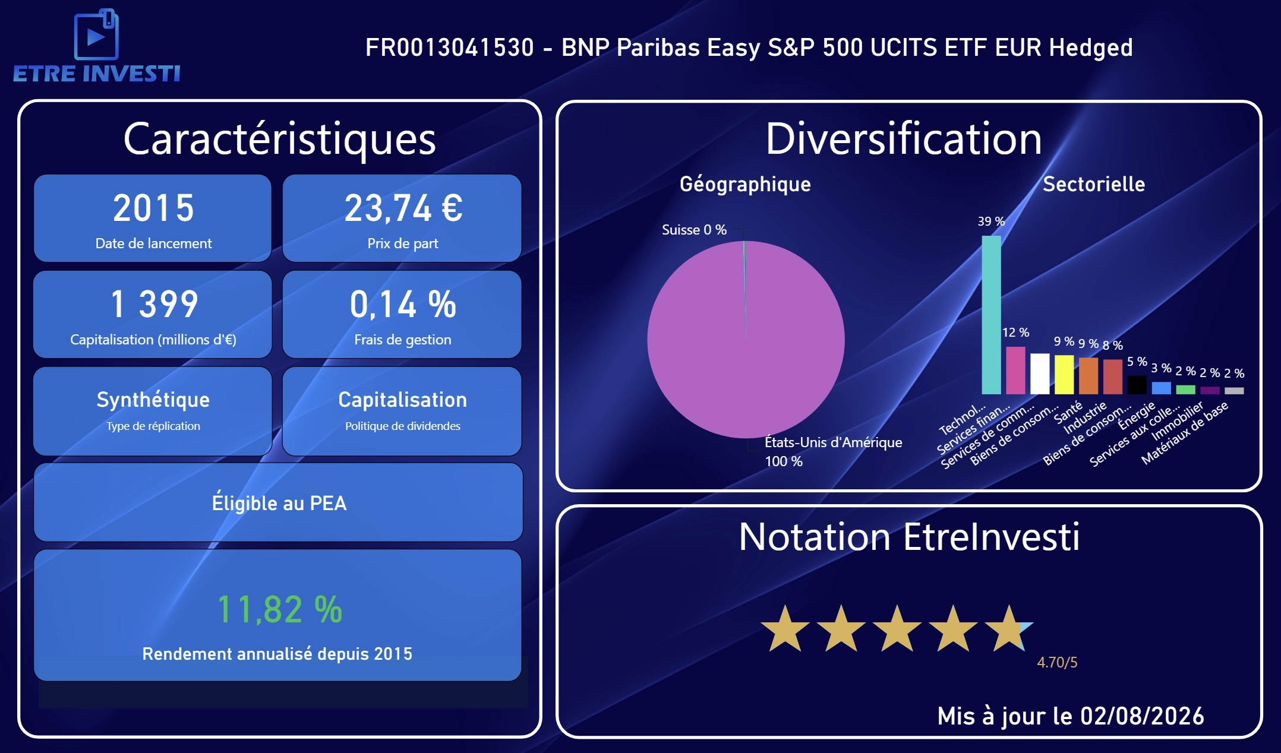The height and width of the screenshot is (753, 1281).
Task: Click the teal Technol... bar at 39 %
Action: pos(991,315)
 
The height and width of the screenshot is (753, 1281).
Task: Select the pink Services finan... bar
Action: pos(1015,371)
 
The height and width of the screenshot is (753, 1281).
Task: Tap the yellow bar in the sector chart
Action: pos(1064,375)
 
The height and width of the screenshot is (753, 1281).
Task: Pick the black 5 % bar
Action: pos(1137,385)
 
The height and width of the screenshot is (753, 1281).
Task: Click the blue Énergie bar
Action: pos(1161,388)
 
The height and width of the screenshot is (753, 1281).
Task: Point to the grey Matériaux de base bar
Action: pos(1234,391)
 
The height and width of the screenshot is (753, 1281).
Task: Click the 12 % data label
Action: pos(1015,333)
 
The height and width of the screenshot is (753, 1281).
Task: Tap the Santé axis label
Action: pos(1068,412)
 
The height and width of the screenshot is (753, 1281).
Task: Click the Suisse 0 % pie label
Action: pos(694,230)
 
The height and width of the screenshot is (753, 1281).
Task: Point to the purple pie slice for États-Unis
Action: pos(746,340)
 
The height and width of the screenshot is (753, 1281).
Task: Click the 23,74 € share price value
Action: pos(403,208)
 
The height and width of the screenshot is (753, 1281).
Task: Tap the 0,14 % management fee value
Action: pos(403,305)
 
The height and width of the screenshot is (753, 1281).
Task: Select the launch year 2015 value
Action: pos(153,208)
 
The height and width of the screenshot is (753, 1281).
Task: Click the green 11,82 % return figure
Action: pos(279,609)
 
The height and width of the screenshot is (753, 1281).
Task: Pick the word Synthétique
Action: pos(153,400)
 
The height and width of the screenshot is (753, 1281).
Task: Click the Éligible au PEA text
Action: pos(279,503)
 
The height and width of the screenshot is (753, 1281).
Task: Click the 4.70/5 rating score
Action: pos(1057,663)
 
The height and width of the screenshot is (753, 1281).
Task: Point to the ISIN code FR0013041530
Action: pos(450,48)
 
